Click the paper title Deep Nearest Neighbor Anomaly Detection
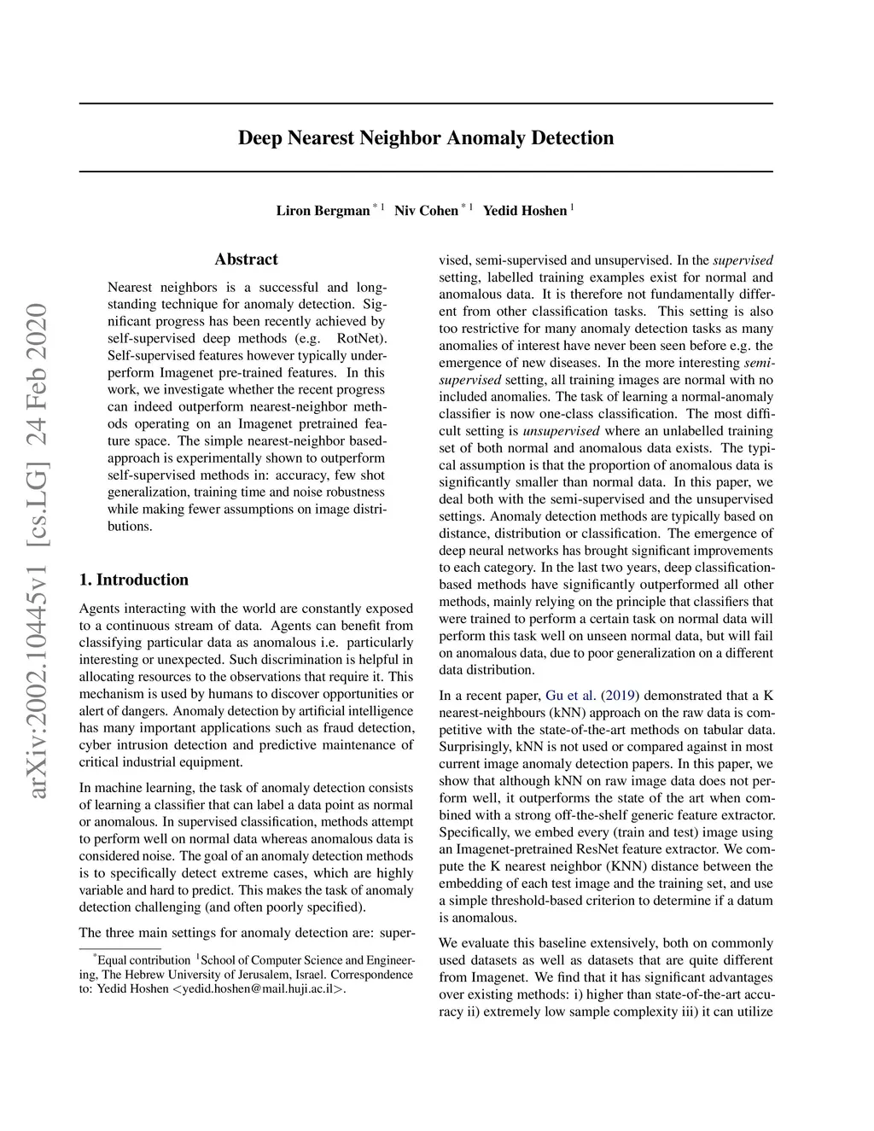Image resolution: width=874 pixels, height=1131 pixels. (425, 138)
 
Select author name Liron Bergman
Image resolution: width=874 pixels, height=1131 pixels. (323, 211)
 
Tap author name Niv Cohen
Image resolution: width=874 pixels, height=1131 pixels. (426, 211)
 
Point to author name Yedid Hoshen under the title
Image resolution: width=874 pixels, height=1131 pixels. (524, 211)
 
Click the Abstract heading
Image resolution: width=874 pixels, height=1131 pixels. (246, 259)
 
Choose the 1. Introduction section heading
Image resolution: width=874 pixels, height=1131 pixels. (133, 580)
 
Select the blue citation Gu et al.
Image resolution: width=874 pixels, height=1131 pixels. (570, 696)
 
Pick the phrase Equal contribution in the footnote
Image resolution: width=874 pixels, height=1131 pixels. (143, 960)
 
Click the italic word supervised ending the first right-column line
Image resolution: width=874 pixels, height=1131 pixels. (743, 260)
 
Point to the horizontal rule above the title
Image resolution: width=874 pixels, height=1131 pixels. (425, 104)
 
